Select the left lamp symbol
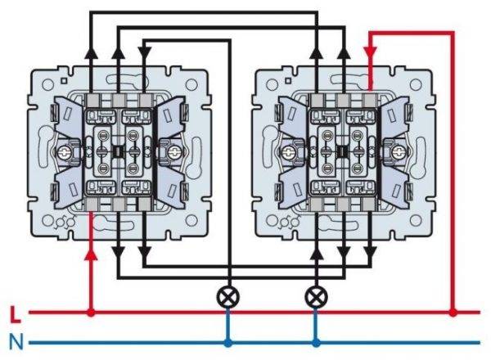coord(227,295)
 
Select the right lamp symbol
coord(315,295)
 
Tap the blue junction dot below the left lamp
coord(227,342)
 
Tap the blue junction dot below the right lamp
coord(315,342)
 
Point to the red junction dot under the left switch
coord(91,312)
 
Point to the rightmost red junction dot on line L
coord(453,312)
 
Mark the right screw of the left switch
coord(173,151)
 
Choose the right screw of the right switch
coord(399,151)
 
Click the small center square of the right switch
coord(342,151)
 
